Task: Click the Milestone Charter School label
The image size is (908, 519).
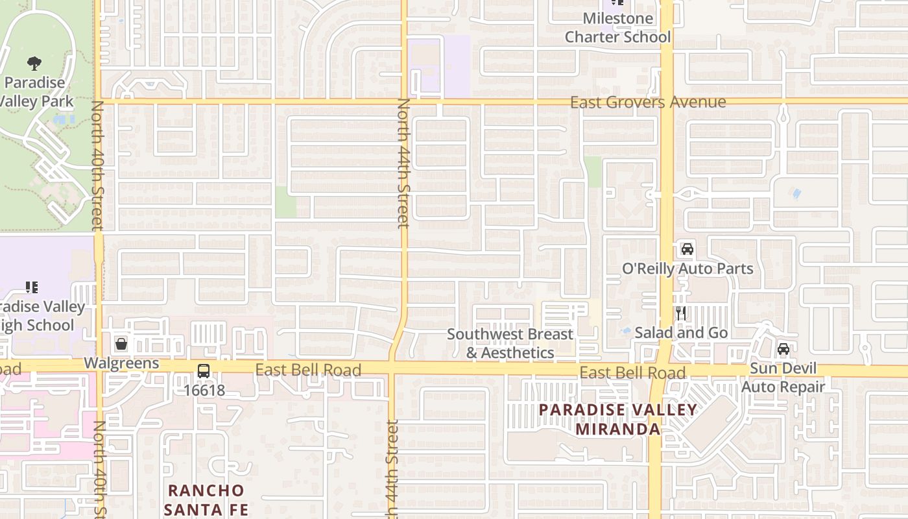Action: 617,28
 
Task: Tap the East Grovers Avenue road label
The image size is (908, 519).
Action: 648,103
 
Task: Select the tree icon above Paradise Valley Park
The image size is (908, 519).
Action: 34,63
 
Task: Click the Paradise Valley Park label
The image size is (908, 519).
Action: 35,92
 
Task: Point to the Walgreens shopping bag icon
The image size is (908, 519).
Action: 121,343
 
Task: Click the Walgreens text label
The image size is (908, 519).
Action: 121,363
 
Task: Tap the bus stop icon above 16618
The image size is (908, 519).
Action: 204,372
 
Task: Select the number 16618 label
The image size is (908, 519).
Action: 204,391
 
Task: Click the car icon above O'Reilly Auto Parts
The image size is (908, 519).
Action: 687,248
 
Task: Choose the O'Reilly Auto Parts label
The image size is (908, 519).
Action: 687,269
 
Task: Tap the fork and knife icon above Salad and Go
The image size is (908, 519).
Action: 680,313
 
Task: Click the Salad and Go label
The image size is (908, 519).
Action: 681,333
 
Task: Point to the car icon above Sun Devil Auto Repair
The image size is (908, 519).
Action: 783,349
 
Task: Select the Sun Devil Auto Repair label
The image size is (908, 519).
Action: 783,378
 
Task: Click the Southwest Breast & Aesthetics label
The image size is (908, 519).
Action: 510,343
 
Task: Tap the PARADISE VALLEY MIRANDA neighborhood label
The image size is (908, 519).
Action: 617,419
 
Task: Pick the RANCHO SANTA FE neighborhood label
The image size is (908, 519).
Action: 206,500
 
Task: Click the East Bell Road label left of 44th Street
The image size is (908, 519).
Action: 308,370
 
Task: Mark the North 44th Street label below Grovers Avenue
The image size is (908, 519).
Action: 403,163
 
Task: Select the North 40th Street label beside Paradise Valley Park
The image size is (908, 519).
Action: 97,165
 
